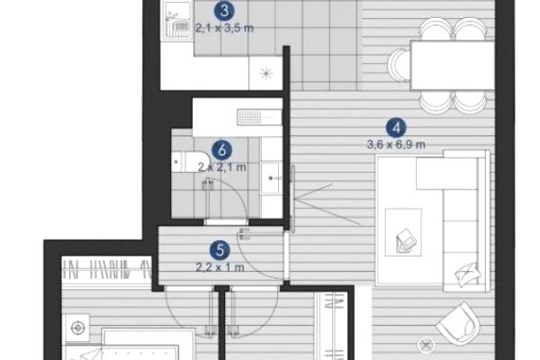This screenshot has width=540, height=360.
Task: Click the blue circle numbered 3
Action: pyautogui.click(x=224, y=11)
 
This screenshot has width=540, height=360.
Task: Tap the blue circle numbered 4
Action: pyautogui.click(x=396, y=128)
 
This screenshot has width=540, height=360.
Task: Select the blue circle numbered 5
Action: pyautogui.click(x=220, y=250)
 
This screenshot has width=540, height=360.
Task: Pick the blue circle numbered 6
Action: pyautogui.click(x=221, y=150)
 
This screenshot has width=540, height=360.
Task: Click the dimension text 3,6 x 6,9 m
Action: pyautogui.click(x=396, y=145)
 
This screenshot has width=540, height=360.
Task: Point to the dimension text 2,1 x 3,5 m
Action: pyautogui.click(x=224, y=28)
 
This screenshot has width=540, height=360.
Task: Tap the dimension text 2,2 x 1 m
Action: pyautogui.click(x=220, y=267)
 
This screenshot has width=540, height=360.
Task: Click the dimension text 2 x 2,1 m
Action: pyautogui.click(x=222, y=167)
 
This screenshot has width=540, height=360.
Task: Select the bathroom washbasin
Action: pyautogui.click(x=271, y=178)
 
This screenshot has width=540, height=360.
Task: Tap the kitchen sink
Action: pyautogui.click(x=177, y=22)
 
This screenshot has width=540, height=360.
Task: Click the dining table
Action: pyautogui.click(x=452, y=65)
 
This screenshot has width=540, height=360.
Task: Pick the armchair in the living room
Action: pyautogui.click(x=458, y=325)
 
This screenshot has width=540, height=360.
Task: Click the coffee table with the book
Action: pyautogui.click(x=403, y=232)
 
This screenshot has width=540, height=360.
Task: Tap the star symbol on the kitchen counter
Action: pyautogui.click(x=265, y=73)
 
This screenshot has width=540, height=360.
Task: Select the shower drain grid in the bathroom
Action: pyautogui.click(x=254, y=116)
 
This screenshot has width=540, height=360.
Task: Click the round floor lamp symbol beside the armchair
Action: pyautogui.click(x=426, y=344)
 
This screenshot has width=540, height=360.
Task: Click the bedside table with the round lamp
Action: pyautogui.click(x=77, y=328)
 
